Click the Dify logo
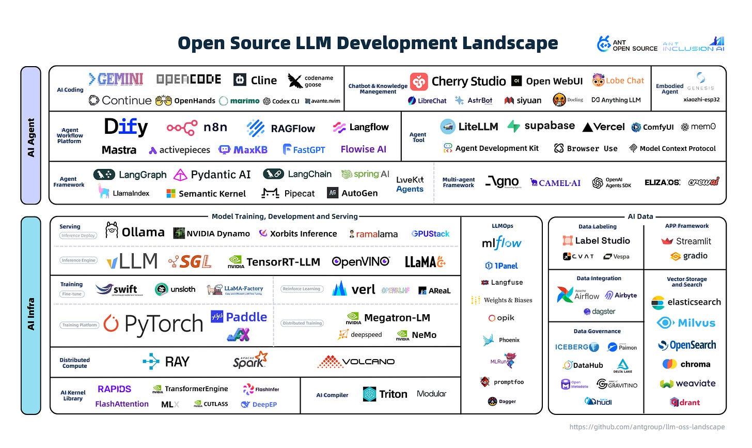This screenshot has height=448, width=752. pyautogui.click(x=126, y=127)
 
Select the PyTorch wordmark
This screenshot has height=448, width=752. pyautogui.click(x=164, y=324)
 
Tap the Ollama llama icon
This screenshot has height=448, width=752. pyautogui.click(x=112, y=230)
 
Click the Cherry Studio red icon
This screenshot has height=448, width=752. pyautogui.click(x=419, y=82)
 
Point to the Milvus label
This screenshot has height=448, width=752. pyautogui.click(x=696, y=323)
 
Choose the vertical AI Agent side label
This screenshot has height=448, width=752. pyautogui.click(x=31, y=137)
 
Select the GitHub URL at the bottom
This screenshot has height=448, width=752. pyautogui.click(x=647, y=427)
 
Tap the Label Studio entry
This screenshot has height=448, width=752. pyautogui.click(x=596, y=241)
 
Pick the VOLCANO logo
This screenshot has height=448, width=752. pyautogui.click(x=356, y=362)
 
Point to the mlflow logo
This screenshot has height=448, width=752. pyautogui.click(x=501, y=243)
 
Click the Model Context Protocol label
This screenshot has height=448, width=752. pyautogui.click(x=677, y=148)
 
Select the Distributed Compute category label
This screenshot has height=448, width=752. pyautogui.click(x=74, y=363)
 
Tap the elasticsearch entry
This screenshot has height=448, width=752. pyautogui.click(x=686, y=302)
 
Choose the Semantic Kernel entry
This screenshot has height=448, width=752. pyautogui.click(x=206, y=194)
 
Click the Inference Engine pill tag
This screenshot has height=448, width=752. pyautogui.click(x=79, y=260)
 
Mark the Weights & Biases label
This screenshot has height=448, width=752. pyautogui.click(x=508, y=300)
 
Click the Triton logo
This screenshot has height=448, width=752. pyautogui.click(x=385, y=394)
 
